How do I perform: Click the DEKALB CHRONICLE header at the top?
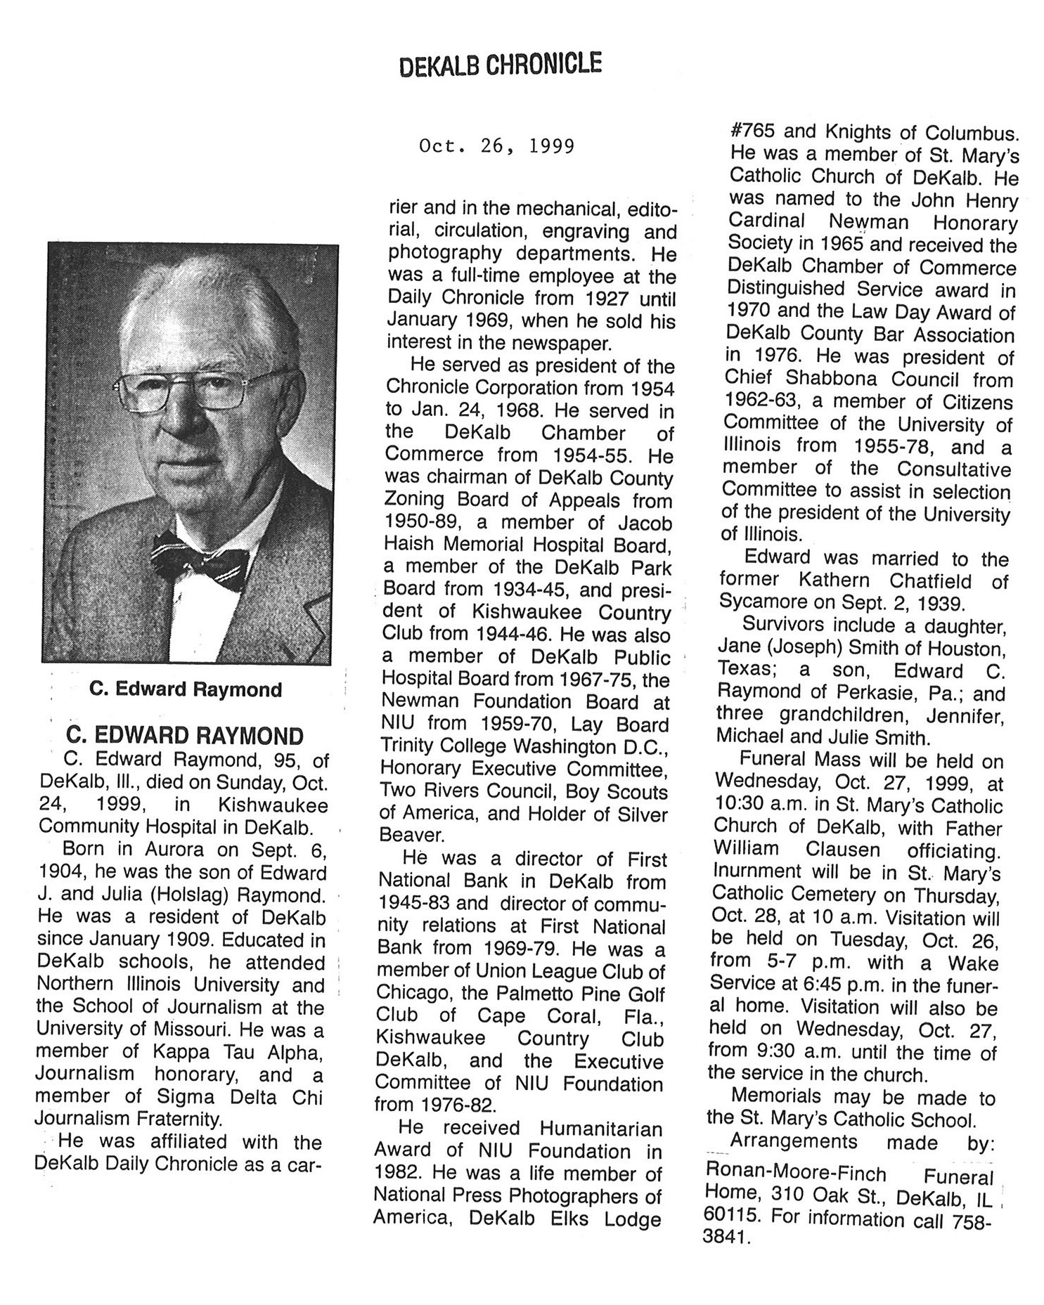[x=500, y=65]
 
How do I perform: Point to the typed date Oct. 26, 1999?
[x=496, y=145]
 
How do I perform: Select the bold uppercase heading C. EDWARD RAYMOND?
[x=184, y=736]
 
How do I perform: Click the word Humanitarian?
[x=600, y=1128]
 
